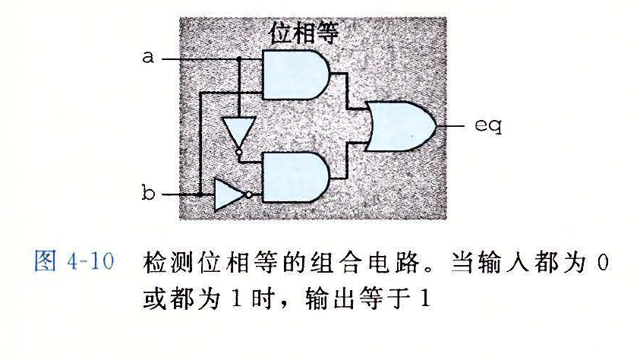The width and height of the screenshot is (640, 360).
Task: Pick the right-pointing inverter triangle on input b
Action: (229, 194)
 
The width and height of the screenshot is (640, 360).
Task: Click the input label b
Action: (149, 194)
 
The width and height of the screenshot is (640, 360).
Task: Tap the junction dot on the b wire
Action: (199, 194)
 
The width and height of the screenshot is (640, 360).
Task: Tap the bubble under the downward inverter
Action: (238, 154)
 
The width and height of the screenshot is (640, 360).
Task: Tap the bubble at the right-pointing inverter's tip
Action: (248, 194)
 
